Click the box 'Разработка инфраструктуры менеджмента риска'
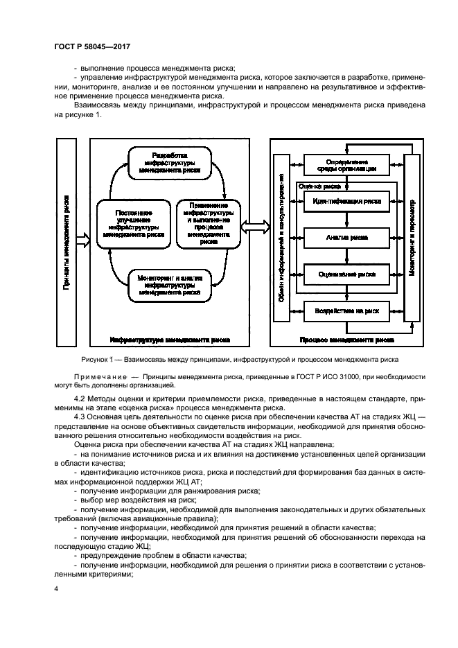(x=168, y=161)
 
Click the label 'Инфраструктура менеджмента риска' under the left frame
(x=169, y=340)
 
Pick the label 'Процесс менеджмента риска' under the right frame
(x=347, y=340)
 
